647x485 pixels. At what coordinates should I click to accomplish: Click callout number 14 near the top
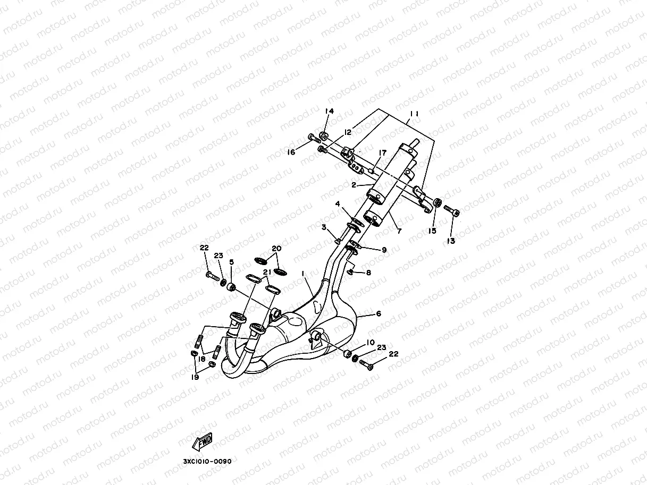(330, 111)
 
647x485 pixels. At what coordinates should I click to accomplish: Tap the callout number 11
(415, 114)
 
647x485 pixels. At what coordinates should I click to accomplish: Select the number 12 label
(348, 132)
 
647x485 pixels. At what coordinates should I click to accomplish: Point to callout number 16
(291, 152)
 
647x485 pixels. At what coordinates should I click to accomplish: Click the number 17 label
(382, 152)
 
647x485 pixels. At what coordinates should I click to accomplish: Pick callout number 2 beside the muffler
(354, 185)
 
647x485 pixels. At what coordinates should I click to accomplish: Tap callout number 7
(399, 231)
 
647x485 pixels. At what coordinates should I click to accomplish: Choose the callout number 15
(433, 231)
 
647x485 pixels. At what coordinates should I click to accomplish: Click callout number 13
(451, 241)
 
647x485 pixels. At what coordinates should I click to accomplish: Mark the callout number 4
(338, 203)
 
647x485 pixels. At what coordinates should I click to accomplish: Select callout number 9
(384, 250)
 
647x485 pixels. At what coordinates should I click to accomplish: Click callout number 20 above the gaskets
(276, 248)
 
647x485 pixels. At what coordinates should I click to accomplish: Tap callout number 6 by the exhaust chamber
(378, 314)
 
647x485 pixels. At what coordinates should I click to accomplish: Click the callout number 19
(196, 377)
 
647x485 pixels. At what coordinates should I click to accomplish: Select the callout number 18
(201, 359)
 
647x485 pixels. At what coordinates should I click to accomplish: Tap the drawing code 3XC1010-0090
(207, 461)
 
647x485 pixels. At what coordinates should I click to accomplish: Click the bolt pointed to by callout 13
(451, 211)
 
